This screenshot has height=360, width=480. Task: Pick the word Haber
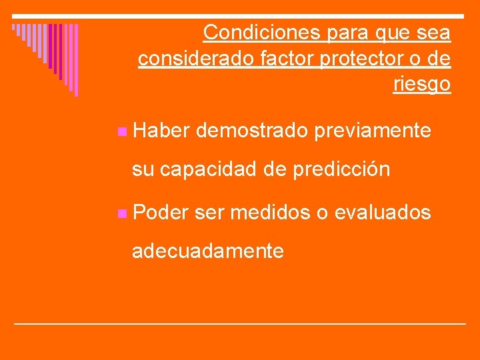[x=162, y=131]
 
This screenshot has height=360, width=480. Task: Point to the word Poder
[x=161, y=213]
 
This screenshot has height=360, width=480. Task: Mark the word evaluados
[x=383, y=213]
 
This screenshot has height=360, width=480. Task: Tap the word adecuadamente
[x=208, y=251]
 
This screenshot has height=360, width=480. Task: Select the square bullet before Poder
[x=120, y=214]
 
